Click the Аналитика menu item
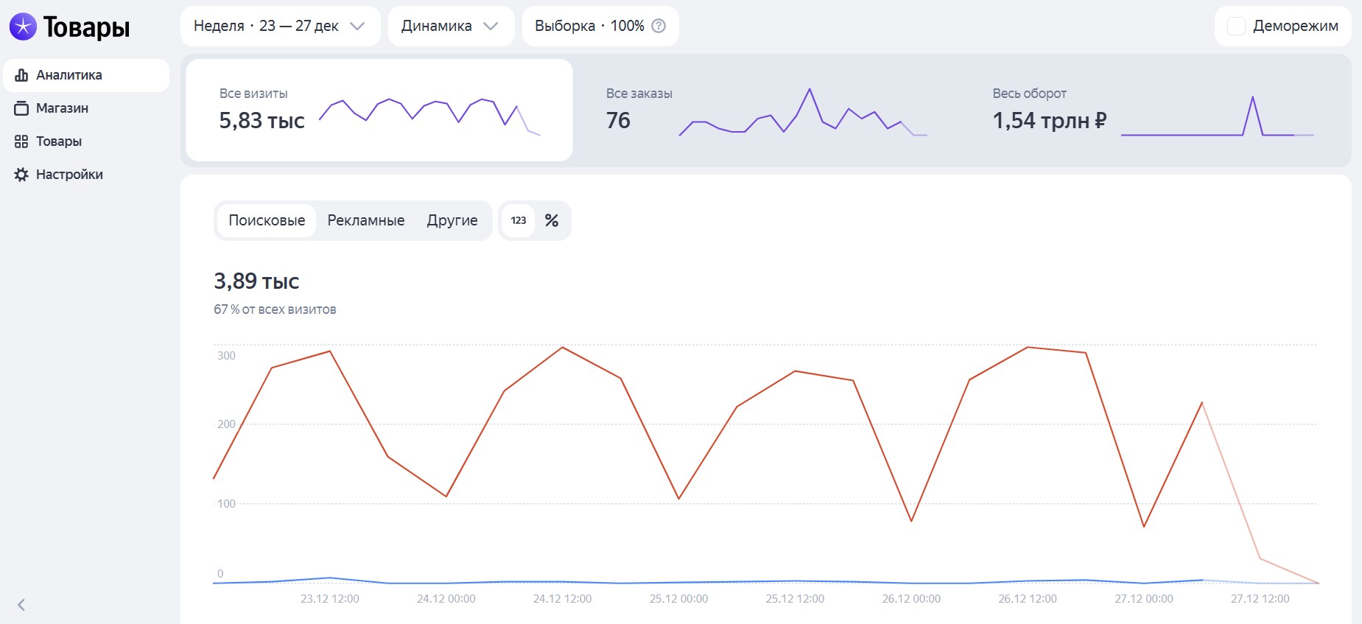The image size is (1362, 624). click(x=69, y=75)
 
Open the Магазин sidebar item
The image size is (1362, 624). click(x=62, y=108)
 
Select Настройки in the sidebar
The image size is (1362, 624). click(x=69, y=175)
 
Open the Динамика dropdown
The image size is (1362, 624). click(x=450, y=27)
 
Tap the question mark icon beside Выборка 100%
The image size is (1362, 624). click(x=659, y=26)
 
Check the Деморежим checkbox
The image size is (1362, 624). click(x=1236, y=27)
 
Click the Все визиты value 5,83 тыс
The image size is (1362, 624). click(x=261, y=121)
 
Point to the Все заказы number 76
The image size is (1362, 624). click(x=618, y=121)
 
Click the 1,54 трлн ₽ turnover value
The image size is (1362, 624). click(x=1049, y=121)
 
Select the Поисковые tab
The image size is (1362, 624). click(x=267, y=220)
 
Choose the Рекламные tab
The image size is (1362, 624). click(x=366, y=220)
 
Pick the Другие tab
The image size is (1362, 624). click(x=452, y=220)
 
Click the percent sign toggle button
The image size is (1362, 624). click(x=552, y=220)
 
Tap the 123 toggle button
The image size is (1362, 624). click(x=519, y=220)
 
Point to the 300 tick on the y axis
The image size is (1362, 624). click(x=226, y=356)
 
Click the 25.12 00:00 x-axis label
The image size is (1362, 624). click(x=678, y=599)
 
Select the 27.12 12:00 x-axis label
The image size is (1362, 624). click(x=1260, y=599)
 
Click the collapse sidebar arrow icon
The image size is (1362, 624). click(x=21, y=605)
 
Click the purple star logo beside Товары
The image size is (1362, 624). click(x=23, y=27)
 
